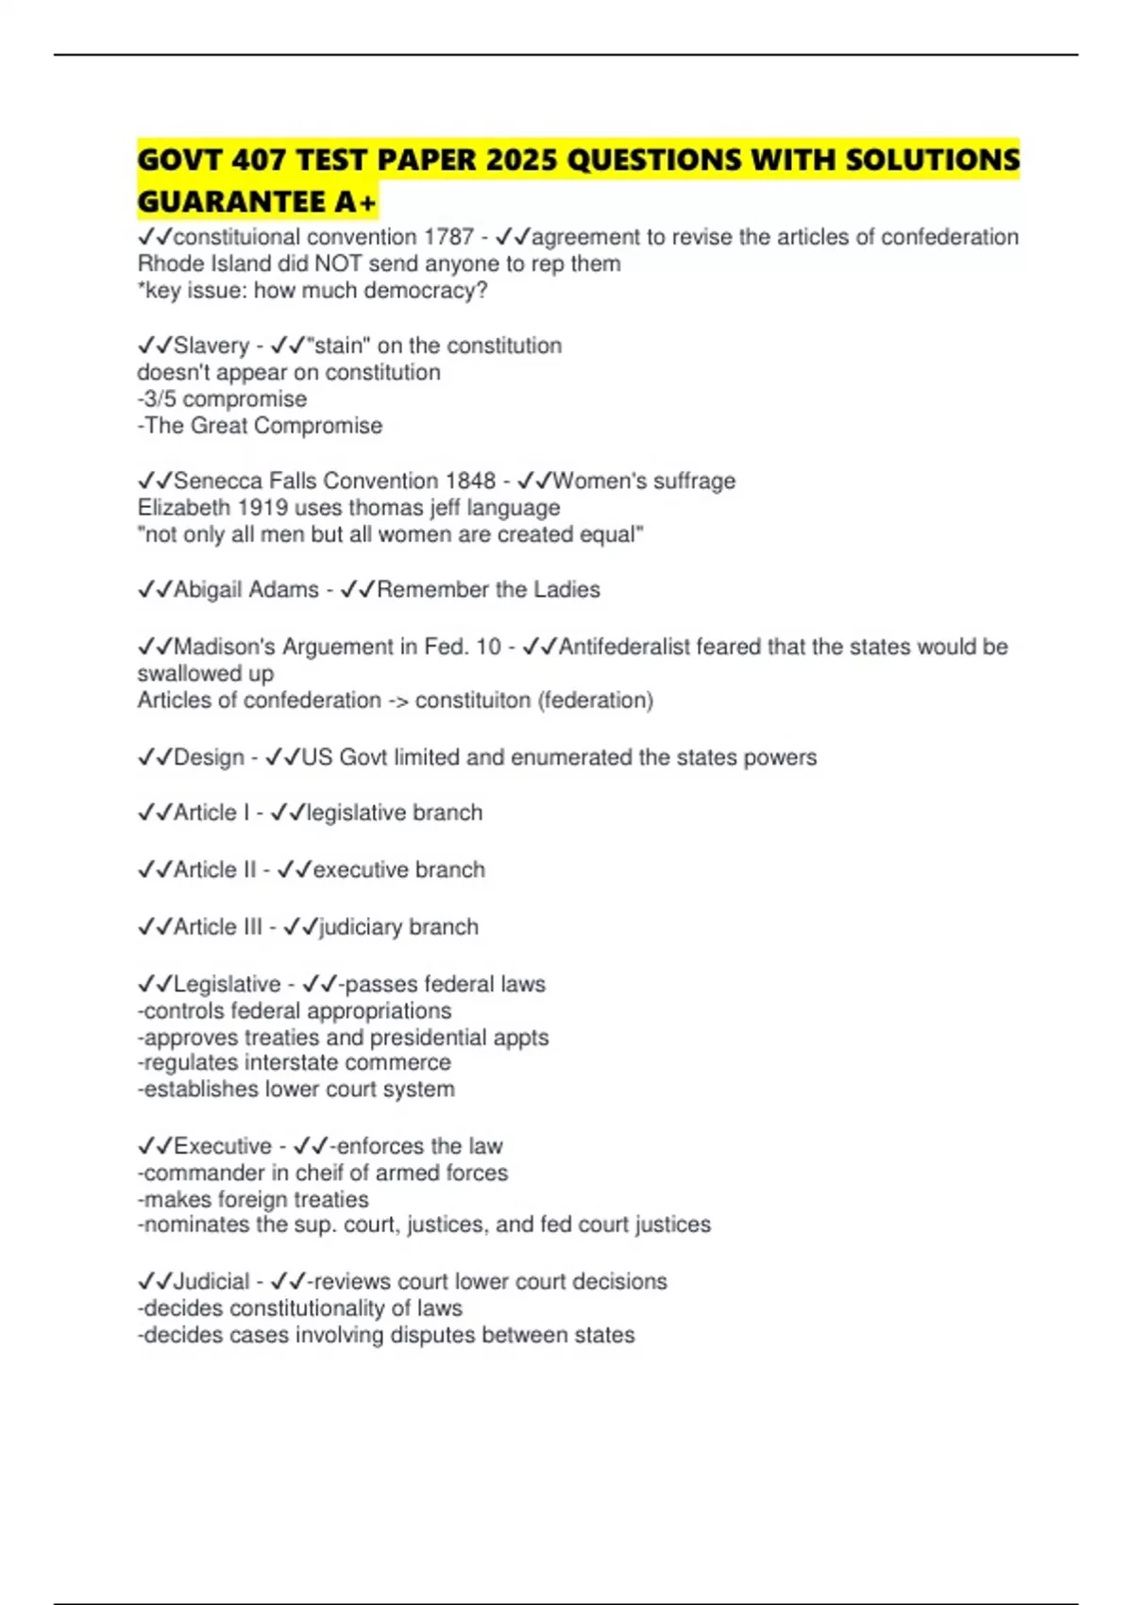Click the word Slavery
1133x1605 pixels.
[211, 346]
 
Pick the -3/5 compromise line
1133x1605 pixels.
[222, 398]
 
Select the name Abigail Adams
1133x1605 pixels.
[246, 589]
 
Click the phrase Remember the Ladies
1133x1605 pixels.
[488, 589]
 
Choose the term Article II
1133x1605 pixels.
[215, 870]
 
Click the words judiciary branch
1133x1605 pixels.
[398, 927]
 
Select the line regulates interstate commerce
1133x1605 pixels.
[295, 1062]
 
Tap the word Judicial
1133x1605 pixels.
[211, 1281]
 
